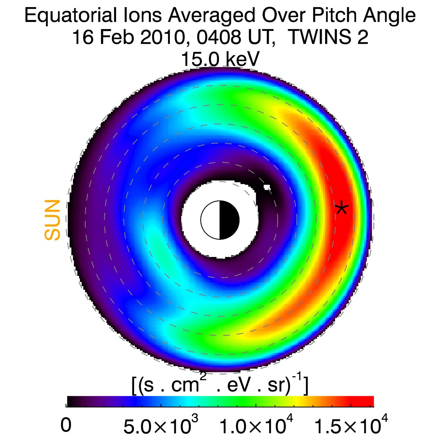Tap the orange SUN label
click(x=53, y=220)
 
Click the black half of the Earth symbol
click(x=229, y=220)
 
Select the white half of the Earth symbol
click(x=210, y=220)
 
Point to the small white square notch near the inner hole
click(x=267, y=187)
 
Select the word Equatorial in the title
click(x=71, y=15)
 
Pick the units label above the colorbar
click(x=220, y=385)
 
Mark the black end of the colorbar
click(x=73, y=401)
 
